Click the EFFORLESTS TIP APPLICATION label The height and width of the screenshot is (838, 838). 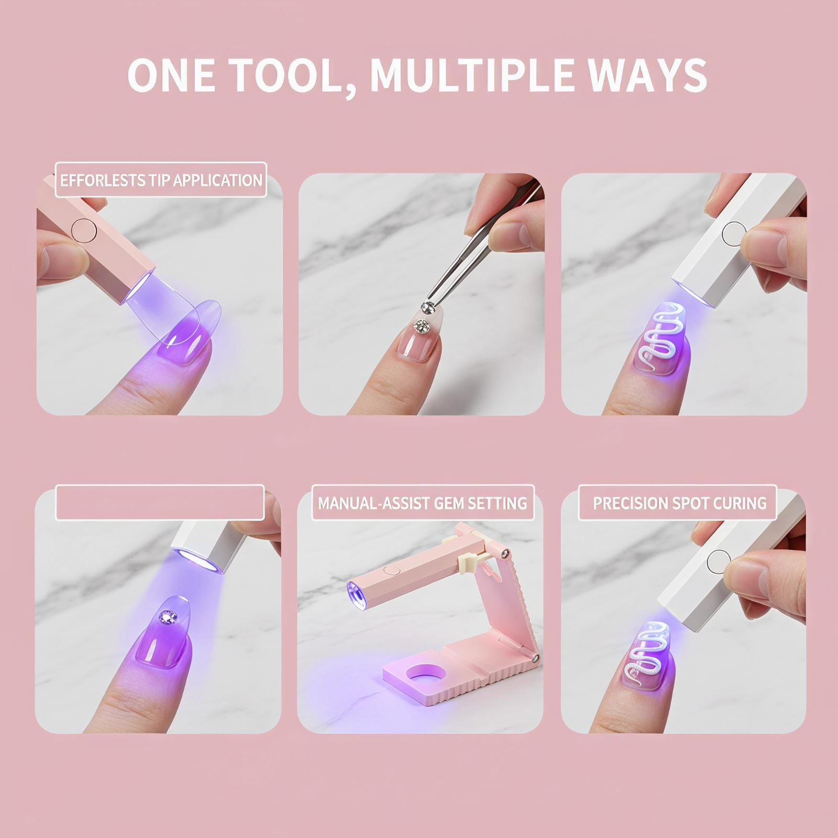[161, 180]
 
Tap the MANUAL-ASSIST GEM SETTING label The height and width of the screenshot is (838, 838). [423, 503]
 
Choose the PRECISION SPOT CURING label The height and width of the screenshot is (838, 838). [679, 503]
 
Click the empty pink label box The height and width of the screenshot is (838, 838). [160, 503]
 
